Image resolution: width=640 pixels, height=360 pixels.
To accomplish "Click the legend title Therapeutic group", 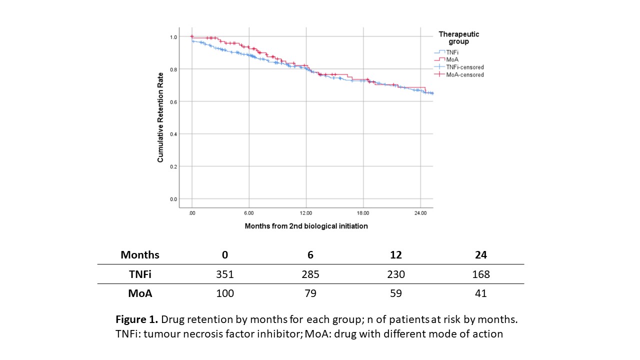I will pyautogui.click(x=458, y=38).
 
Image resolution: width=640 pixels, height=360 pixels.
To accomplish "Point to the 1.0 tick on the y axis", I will pyautogui.click(x=173, y=37).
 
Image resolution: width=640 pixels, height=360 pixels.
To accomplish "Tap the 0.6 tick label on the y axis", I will pyautogui.click(x=173, y=101).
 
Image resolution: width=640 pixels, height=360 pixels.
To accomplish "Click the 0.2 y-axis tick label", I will pyautogui.click(x=173, y=166).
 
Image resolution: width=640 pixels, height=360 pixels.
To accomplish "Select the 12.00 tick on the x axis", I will pyautogui.click(x=306, y=213).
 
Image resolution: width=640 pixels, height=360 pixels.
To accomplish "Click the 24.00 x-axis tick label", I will pyautogui.click(x=420, y=213).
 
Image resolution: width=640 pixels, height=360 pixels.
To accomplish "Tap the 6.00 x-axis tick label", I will pyautogui.click(x=249, y=213).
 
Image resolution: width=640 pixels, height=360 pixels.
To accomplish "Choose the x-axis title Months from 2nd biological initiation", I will pyautogui.click(x=306, y=226).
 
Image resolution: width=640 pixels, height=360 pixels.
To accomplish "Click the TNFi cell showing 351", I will pyautogui.click(x=225, y=274).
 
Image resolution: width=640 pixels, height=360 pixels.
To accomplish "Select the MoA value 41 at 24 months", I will pyautogui.click(x=481, y=293).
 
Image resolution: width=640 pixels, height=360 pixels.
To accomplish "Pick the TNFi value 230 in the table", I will pyautogui.click(x=395, y=274).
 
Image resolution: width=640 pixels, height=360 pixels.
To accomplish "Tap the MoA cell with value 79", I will pyautogui.click(x=310, y=293).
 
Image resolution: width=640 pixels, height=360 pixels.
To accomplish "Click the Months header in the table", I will pyautogui.click(x=140, y=254).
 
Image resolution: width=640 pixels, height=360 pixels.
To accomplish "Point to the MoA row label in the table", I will pyautogui.click(x=140, y=293).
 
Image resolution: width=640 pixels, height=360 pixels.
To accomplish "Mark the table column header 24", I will pyautogui.click(x=481, y=254).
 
